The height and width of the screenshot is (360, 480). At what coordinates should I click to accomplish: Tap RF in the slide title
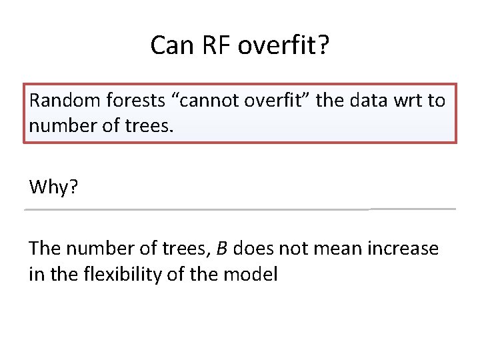click(x=209, y=45)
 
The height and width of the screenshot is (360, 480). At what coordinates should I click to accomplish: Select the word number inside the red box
click(x=58, y=125)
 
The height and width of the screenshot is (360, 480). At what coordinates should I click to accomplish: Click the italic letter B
click(x=222, y=249)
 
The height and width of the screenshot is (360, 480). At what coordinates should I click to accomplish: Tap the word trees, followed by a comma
click(x=190, y=249)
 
